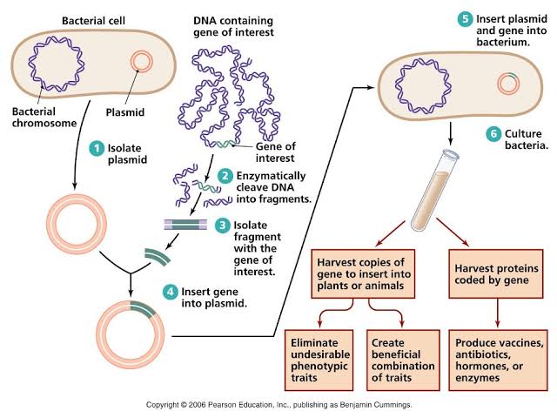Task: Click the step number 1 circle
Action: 97,148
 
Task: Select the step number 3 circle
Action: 222,226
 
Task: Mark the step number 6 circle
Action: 493,133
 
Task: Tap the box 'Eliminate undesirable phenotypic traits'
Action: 321,356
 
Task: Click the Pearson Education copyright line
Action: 278,405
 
